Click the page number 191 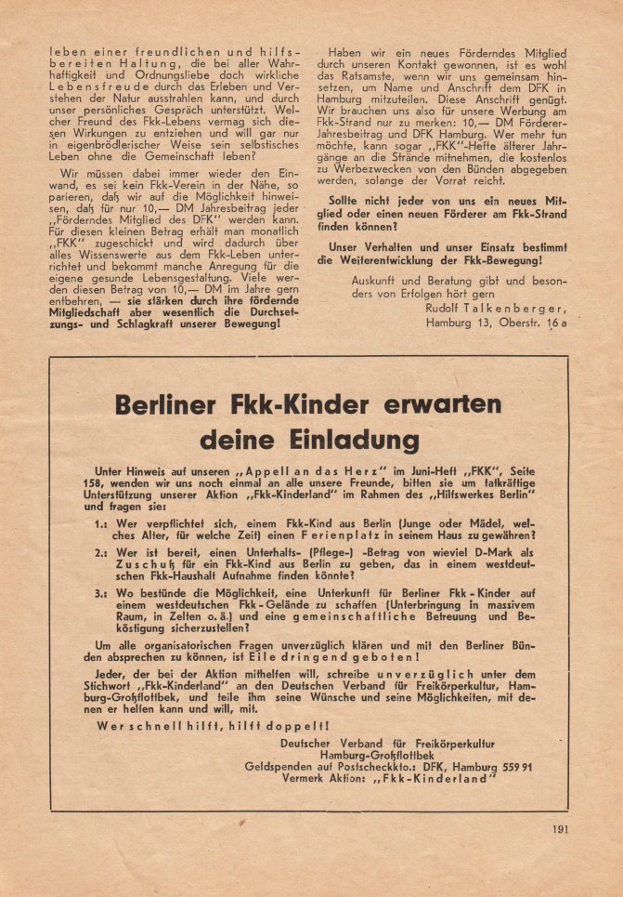click(x=560, y=830)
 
